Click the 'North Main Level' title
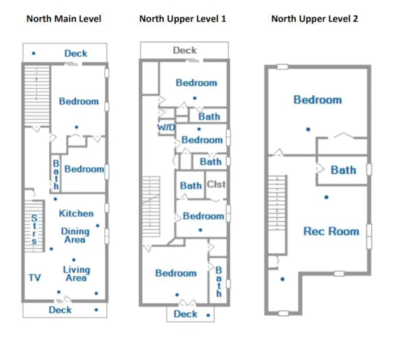pyautogui.click(x=64, y=19)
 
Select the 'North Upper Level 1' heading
pyautogui.click(x=182, y=19)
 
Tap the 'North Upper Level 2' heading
pyautogui.click(x=314, y=19)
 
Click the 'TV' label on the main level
pyautogui.click(x=35, y=278)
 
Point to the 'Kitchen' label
pyautogui.click(x=76, y=214)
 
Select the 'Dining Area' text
pyautogui.click(x=75, y=235)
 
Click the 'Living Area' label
pyautogui.click(x=76, y=274)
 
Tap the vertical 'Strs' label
pyautogui.click(x=34, y=230)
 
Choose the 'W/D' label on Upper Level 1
pyautogui.click(x=166, y=128)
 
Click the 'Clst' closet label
pyautogui.click(x=216, y=185)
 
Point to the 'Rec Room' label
pyautogui.click(x=331, y=232)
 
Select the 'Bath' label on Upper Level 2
pyautogui.click(x=343, y=170)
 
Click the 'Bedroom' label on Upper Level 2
pyautogui.click(x=318, y=100)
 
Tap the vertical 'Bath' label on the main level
pyautogui.click(x=56, y=175)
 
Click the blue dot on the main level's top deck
pyautogui.click(x=34, y=53)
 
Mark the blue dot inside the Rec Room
pyautogui.click(x=326, y=197)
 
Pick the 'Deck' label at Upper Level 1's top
pyautogui.click(x=184, y=51)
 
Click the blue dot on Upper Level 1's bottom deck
pyautogui.click(x=208, y=315)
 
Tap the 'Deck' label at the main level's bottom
pyautogui.click(x=60, y=310)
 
